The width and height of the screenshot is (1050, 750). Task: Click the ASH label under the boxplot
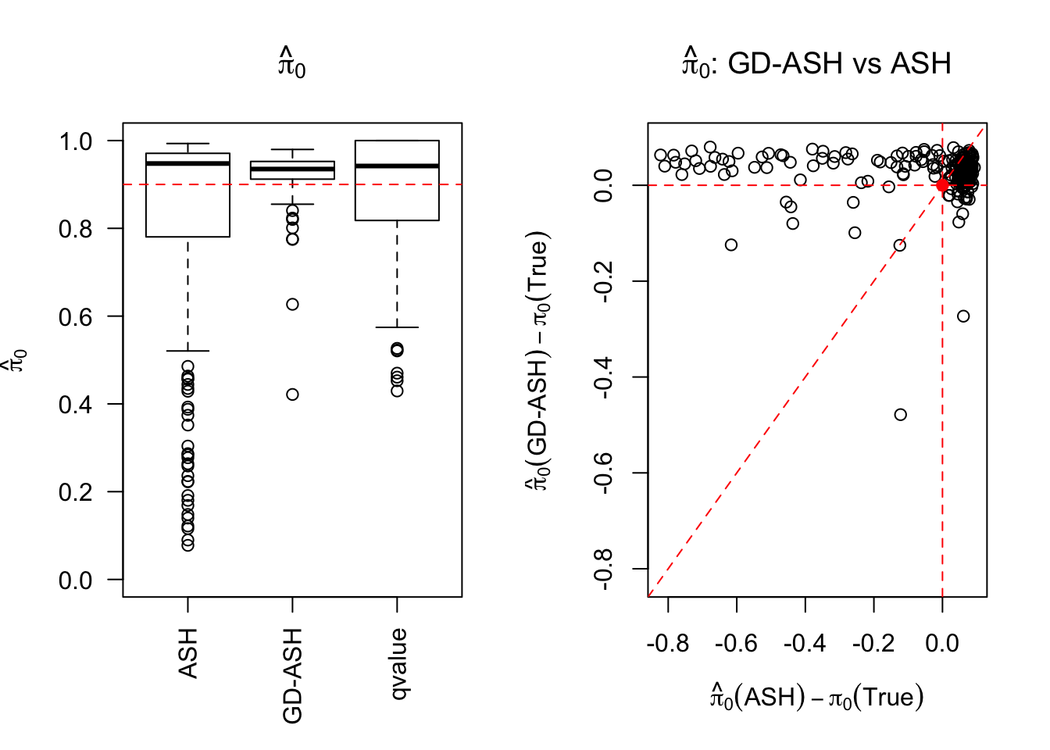click(x=187, y=652)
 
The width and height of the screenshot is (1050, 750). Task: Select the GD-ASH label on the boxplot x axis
click(x=292, y=675)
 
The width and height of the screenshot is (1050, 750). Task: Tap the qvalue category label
click(x=398, y=663)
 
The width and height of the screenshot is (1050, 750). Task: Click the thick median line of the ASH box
click(x=187, y=163)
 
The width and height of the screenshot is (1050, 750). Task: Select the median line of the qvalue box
click(x=397, y=166)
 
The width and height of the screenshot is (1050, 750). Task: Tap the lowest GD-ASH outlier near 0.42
click(x=292, y=395)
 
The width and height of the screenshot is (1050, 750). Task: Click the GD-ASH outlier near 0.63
click(x=292, y=304)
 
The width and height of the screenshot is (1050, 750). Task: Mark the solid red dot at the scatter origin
click(x=942, y=185)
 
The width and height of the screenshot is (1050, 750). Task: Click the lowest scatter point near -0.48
click(x=900, y=414)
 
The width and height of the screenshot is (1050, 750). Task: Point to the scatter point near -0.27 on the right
click(x=963, y=316)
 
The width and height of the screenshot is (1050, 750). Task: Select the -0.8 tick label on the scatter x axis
click(x=668, y=643)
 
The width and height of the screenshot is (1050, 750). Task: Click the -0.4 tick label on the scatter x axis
click(x=805, y=643)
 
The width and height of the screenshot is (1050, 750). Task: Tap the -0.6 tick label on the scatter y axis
click(x=604, y=473)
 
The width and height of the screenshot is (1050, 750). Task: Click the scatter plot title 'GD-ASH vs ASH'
click(x=816, y=63)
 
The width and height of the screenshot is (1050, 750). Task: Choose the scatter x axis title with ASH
click(x=816, y=696)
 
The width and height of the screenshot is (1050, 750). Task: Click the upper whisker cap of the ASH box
click(x=187, y=144)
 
